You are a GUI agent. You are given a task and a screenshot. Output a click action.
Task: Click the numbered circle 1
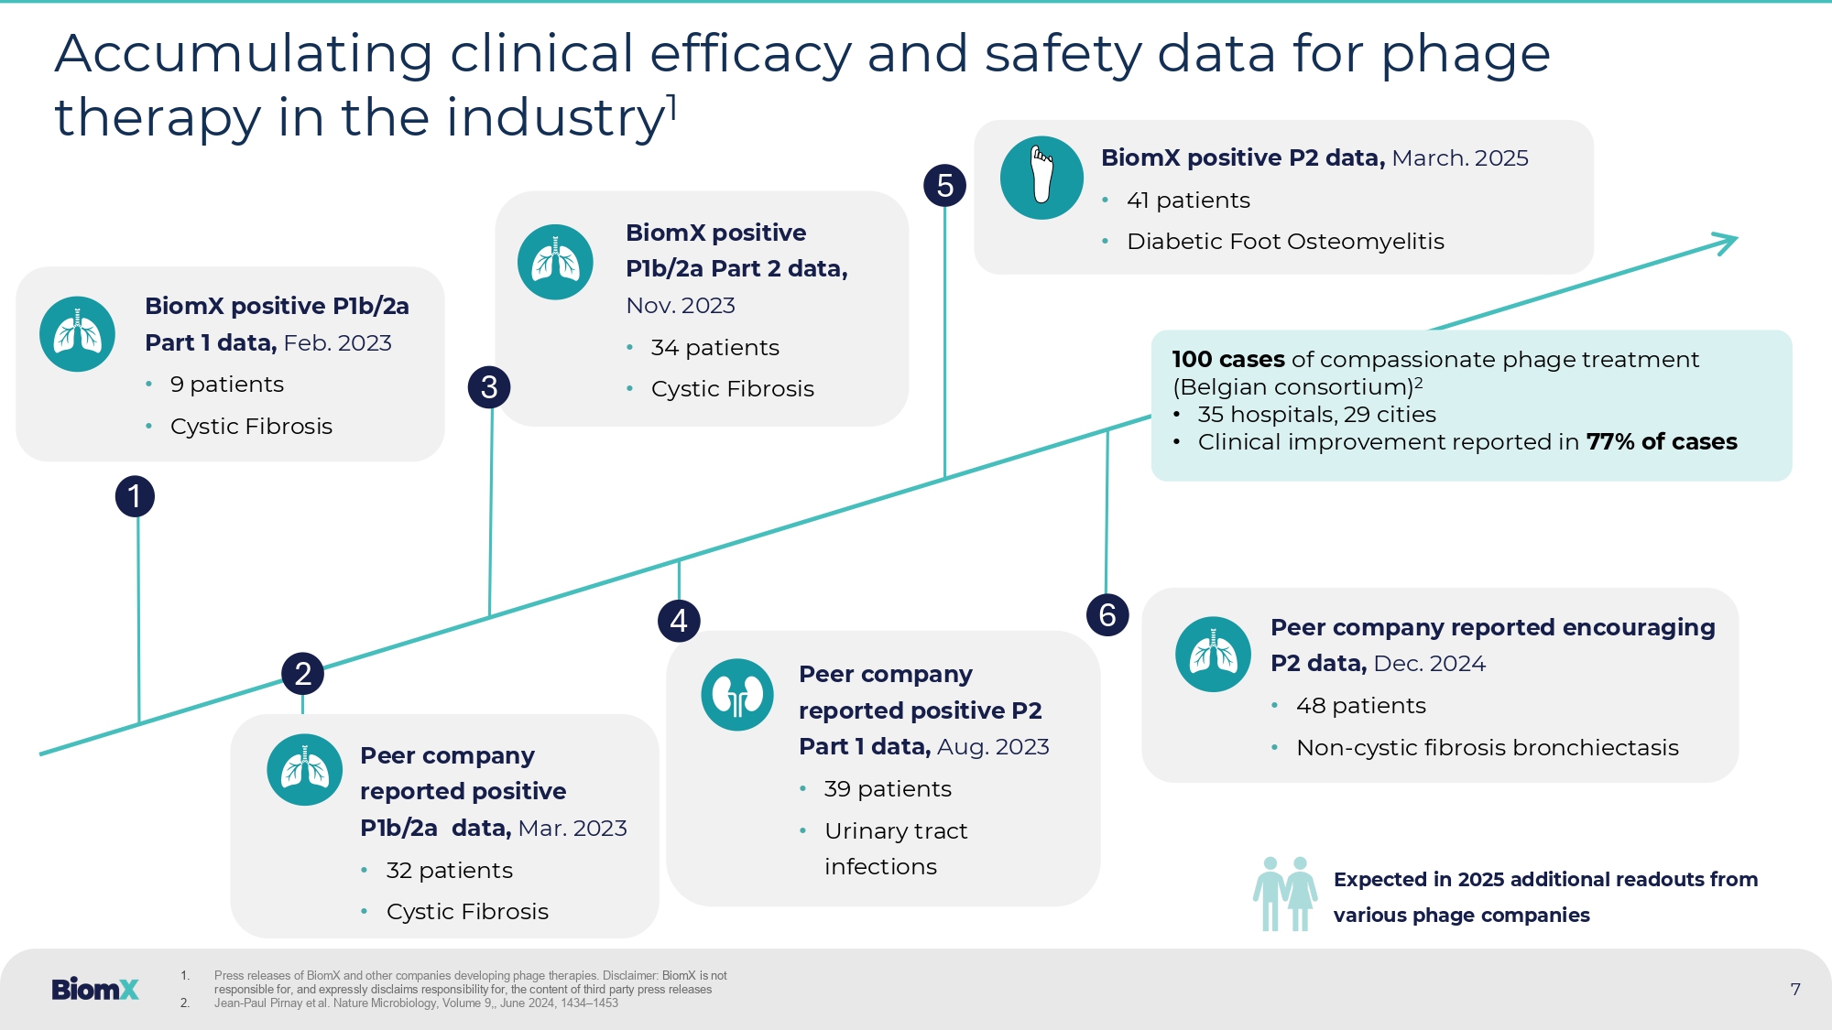[x=135, y=496]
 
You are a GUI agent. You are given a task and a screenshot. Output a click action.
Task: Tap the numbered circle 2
[x=302, y=674]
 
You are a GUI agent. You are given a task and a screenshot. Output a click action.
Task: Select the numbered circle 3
[x=489, y=387]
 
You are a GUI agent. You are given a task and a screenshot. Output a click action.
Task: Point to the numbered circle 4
[x=679, y=621]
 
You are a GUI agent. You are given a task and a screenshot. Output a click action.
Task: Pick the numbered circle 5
[x=945, y=186]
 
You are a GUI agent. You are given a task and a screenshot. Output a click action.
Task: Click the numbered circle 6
[x=1107, y=614]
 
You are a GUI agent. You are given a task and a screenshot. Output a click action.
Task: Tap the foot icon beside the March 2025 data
[x=1041, y=178]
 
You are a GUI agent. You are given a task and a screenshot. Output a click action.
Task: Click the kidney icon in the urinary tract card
[x=737, y=695]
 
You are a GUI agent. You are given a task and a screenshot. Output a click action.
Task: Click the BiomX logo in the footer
[x=95, y=989]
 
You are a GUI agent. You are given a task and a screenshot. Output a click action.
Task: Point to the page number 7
[x=1795, y=989]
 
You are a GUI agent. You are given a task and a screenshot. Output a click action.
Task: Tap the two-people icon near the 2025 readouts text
[x=1284, y=894]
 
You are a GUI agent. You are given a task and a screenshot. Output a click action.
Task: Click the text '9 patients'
[x=227, y=385]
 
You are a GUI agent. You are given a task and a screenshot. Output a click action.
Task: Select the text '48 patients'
[x=1361, y=706]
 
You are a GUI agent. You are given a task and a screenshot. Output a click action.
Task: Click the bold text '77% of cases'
[x=1662, y=442]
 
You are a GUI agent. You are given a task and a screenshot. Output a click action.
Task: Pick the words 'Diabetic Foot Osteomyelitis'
[x=1285, y=242]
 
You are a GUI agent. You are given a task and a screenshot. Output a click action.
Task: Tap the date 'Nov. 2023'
[x=681, y=306]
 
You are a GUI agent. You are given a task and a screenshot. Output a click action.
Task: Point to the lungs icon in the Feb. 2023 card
[x=77, y=334]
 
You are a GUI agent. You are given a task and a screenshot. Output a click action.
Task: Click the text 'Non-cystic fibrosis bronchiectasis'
[x=1488, y=748]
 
